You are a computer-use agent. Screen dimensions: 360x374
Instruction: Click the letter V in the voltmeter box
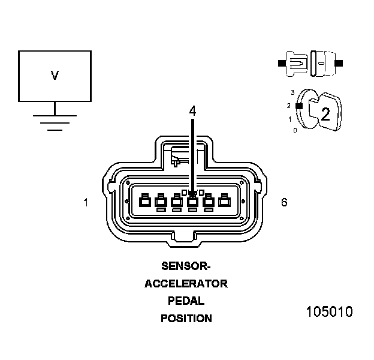[55, 76]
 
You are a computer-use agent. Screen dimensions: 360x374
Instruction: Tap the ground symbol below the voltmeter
[55, 120]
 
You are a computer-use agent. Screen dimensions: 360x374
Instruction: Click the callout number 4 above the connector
[192, 111]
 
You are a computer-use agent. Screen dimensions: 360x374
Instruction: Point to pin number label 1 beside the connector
[86, 203]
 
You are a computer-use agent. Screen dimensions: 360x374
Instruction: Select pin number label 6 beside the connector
[283, 202]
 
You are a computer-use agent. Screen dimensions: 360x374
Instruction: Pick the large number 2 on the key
[325, 115]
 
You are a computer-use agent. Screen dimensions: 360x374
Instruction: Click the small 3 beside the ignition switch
[292, 92]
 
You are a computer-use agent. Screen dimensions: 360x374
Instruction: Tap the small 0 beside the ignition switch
[295, 130]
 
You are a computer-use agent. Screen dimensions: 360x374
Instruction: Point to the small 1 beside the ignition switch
[290, 119]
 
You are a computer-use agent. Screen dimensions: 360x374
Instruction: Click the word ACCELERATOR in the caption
[186, 284]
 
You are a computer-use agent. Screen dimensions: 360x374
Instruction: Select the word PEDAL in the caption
[186, 301]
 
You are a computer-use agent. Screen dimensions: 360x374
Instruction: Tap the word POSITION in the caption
[186, 319]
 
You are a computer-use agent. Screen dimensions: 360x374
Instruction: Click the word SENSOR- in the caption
[186, 266]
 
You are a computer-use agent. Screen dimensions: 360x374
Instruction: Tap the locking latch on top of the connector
[183, 157]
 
